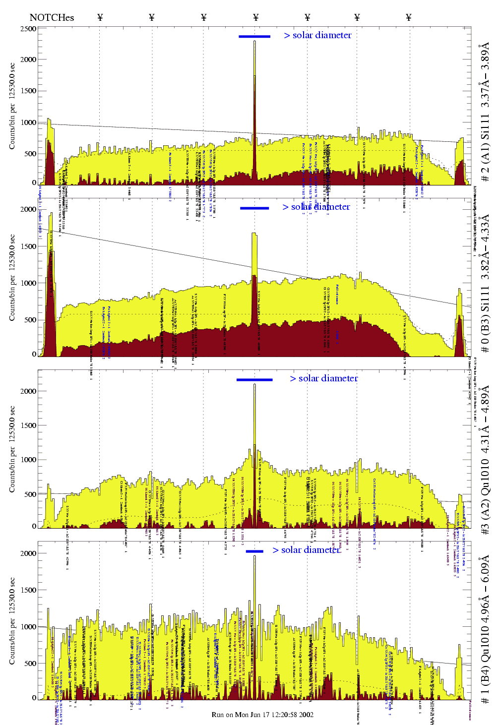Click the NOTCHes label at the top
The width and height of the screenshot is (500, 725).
click(x=52, y=18)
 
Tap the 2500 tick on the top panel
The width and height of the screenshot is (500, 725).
click(x=28, y=29)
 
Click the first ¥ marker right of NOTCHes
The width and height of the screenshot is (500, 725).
click(x=100, y=18)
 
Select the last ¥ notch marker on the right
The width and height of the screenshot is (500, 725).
click(x=409, y=18)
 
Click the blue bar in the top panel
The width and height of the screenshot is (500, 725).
click(x=254, y=36)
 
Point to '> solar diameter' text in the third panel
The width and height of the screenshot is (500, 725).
click(x=324, y=378)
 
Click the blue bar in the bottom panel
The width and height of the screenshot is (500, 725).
click(x=254, y=551)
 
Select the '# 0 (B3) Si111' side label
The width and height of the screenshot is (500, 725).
click(x=485, y=283)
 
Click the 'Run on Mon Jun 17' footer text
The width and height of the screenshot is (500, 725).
click(x=262, y=715)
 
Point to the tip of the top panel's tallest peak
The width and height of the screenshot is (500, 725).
click(x=255, y=41)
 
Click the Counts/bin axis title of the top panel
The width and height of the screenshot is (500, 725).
click(x=12, y=106)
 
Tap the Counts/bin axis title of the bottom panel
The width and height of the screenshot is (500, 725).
click(x=12, y=621)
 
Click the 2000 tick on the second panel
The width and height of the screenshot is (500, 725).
click(x=28, y=209)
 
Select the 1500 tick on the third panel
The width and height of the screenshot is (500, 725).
click(x=28, y=425)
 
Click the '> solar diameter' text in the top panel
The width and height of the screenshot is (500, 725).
click(x=317, y=35)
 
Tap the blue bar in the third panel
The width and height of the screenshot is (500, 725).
click(x=254, y=380)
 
